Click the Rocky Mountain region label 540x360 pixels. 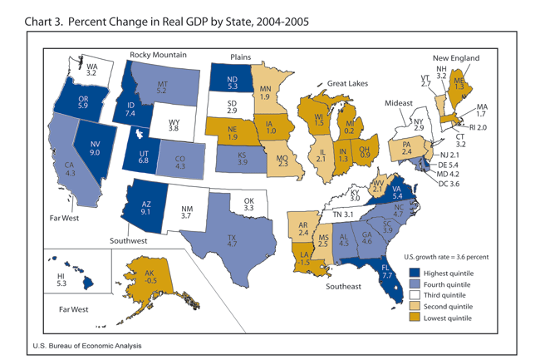point(158,55)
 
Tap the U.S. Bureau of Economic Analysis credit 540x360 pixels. point(88,345)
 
